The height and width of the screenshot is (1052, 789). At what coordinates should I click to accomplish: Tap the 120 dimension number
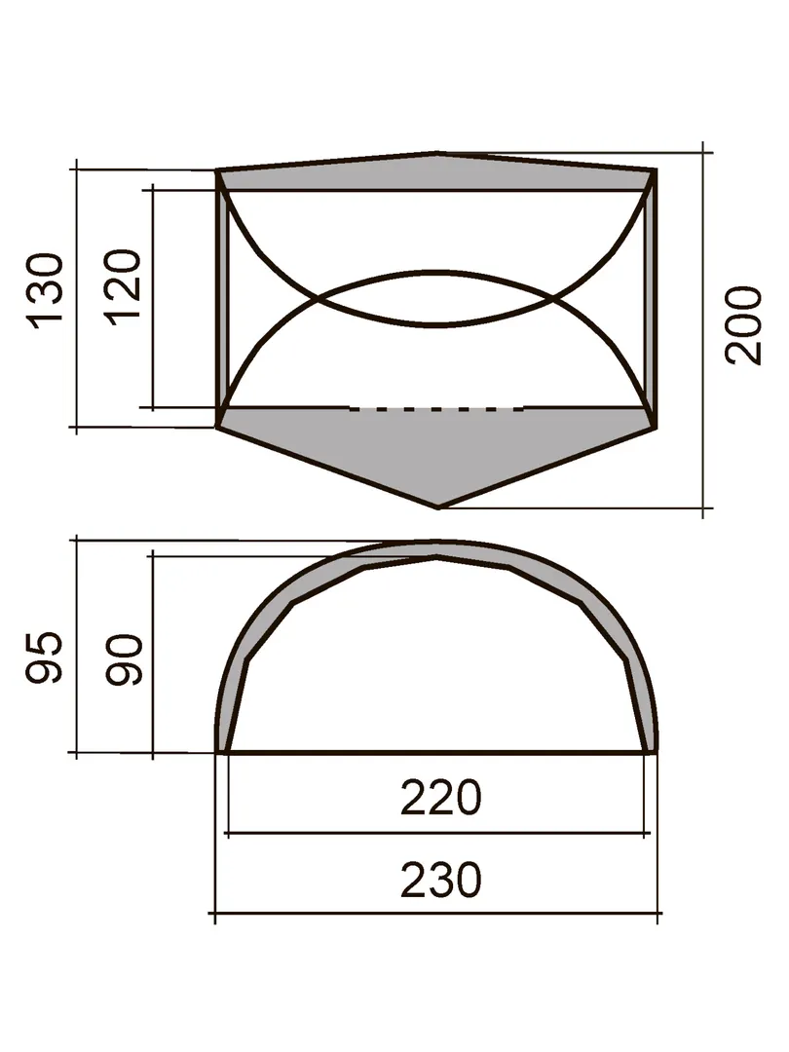(125, 287)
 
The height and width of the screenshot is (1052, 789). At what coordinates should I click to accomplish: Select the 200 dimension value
(745, 325)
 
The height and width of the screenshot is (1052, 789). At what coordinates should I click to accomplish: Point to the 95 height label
(44, 657)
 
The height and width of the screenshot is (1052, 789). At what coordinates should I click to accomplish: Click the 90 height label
(125, 659)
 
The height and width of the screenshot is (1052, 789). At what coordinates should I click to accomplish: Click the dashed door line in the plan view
(436, 408)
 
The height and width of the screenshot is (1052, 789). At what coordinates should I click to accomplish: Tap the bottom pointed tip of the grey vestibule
(438, 507)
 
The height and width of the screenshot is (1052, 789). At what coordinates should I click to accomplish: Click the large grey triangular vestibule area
(437, 446)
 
